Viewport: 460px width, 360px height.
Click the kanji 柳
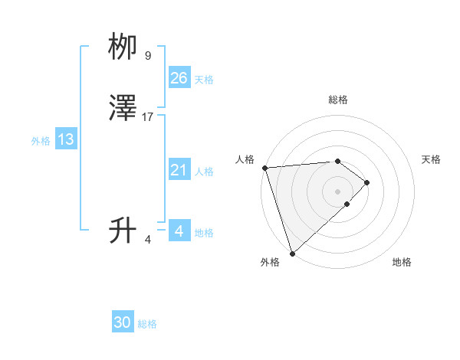point(123,48)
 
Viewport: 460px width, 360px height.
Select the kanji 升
point(123,231)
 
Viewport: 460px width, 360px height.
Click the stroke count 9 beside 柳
point(148,55)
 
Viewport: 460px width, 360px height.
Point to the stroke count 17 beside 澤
point(149,117)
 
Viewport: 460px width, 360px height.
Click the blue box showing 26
point(179,78)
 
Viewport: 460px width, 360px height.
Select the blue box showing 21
point(179,170)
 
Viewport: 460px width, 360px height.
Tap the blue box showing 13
point(66,139)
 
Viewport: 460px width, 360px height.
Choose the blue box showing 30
point(123,322)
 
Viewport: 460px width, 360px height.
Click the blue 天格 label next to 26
point(204,80)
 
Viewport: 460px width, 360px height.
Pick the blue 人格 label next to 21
point(204,172)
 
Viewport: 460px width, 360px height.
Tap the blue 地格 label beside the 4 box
point(204,233)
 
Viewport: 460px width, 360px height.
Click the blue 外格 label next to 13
point(41,141)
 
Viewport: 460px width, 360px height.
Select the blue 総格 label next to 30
point(147,324)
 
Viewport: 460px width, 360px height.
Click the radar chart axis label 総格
point(337,100)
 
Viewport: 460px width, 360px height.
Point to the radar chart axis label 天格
point(431,159)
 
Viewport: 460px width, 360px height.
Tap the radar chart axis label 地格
point(402,262)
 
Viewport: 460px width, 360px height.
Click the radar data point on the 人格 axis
point(264,167)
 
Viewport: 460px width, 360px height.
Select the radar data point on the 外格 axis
point(292,253)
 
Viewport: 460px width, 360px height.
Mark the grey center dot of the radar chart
point(337,191)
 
